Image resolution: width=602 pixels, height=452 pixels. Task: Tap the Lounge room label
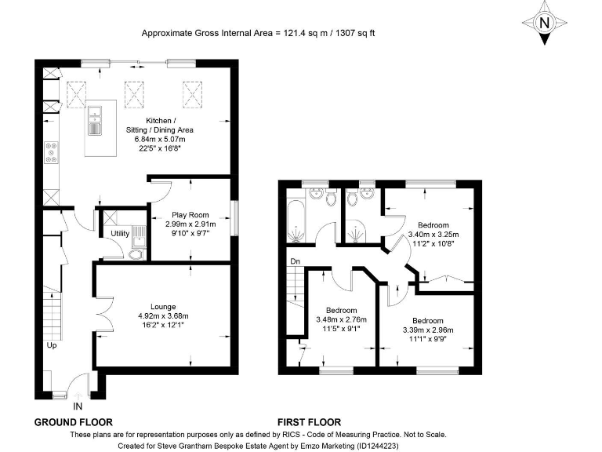point(163,306)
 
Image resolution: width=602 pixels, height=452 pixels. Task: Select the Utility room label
point(120,234)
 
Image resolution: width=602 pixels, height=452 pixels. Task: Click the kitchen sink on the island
point(95,119)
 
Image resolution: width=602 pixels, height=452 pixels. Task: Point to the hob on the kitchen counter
point(52,151)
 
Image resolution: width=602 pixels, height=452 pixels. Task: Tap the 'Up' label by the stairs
point(52,345)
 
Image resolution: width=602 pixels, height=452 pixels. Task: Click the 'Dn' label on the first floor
point(294,261)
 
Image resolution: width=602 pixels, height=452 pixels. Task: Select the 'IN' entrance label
point(78,406)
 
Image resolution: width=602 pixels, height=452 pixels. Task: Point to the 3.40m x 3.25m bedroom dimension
point(433,234)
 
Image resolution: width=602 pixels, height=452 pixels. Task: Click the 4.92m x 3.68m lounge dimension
point(163,316)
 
